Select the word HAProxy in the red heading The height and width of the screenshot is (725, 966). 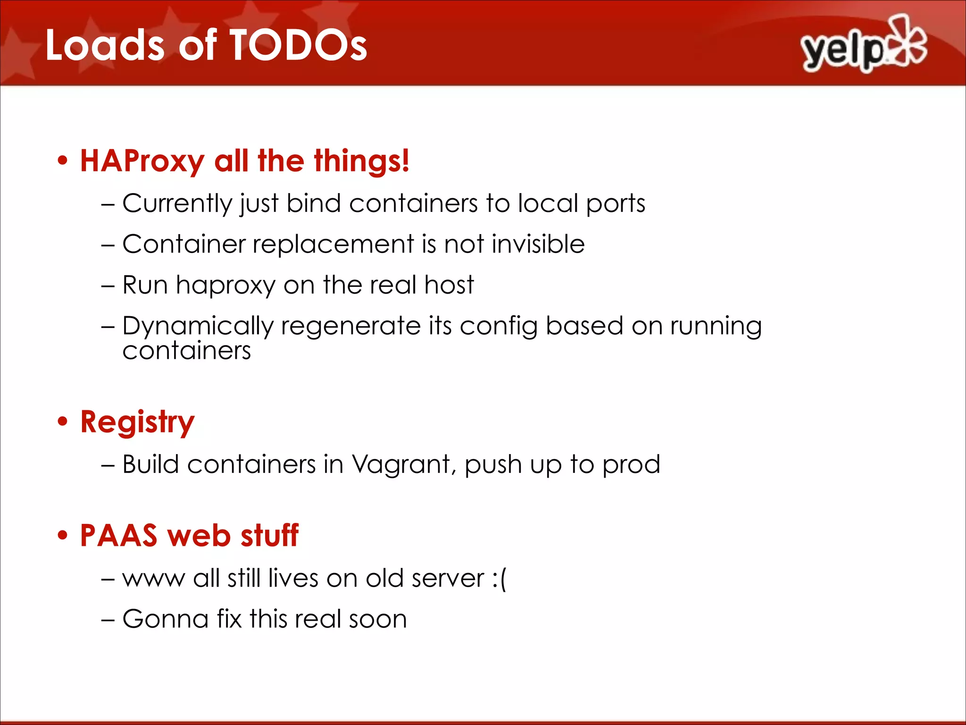(142, 161)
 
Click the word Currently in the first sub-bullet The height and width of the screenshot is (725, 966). (177, 204)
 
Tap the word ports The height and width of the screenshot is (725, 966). (616, 204)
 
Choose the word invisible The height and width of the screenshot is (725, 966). (538, 244)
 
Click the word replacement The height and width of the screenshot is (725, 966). (333, 244)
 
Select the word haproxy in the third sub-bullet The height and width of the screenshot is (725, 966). (225, 286)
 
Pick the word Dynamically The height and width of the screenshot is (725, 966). (198, 327)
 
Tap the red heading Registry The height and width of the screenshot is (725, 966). (137, 422)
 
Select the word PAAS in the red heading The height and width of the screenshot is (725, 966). (118, 536)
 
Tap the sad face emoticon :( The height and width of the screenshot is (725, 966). (500, 579)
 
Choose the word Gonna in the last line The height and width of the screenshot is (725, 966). (166, 619)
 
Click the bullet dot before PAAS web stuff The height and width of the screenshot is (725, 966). (62, 536)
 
